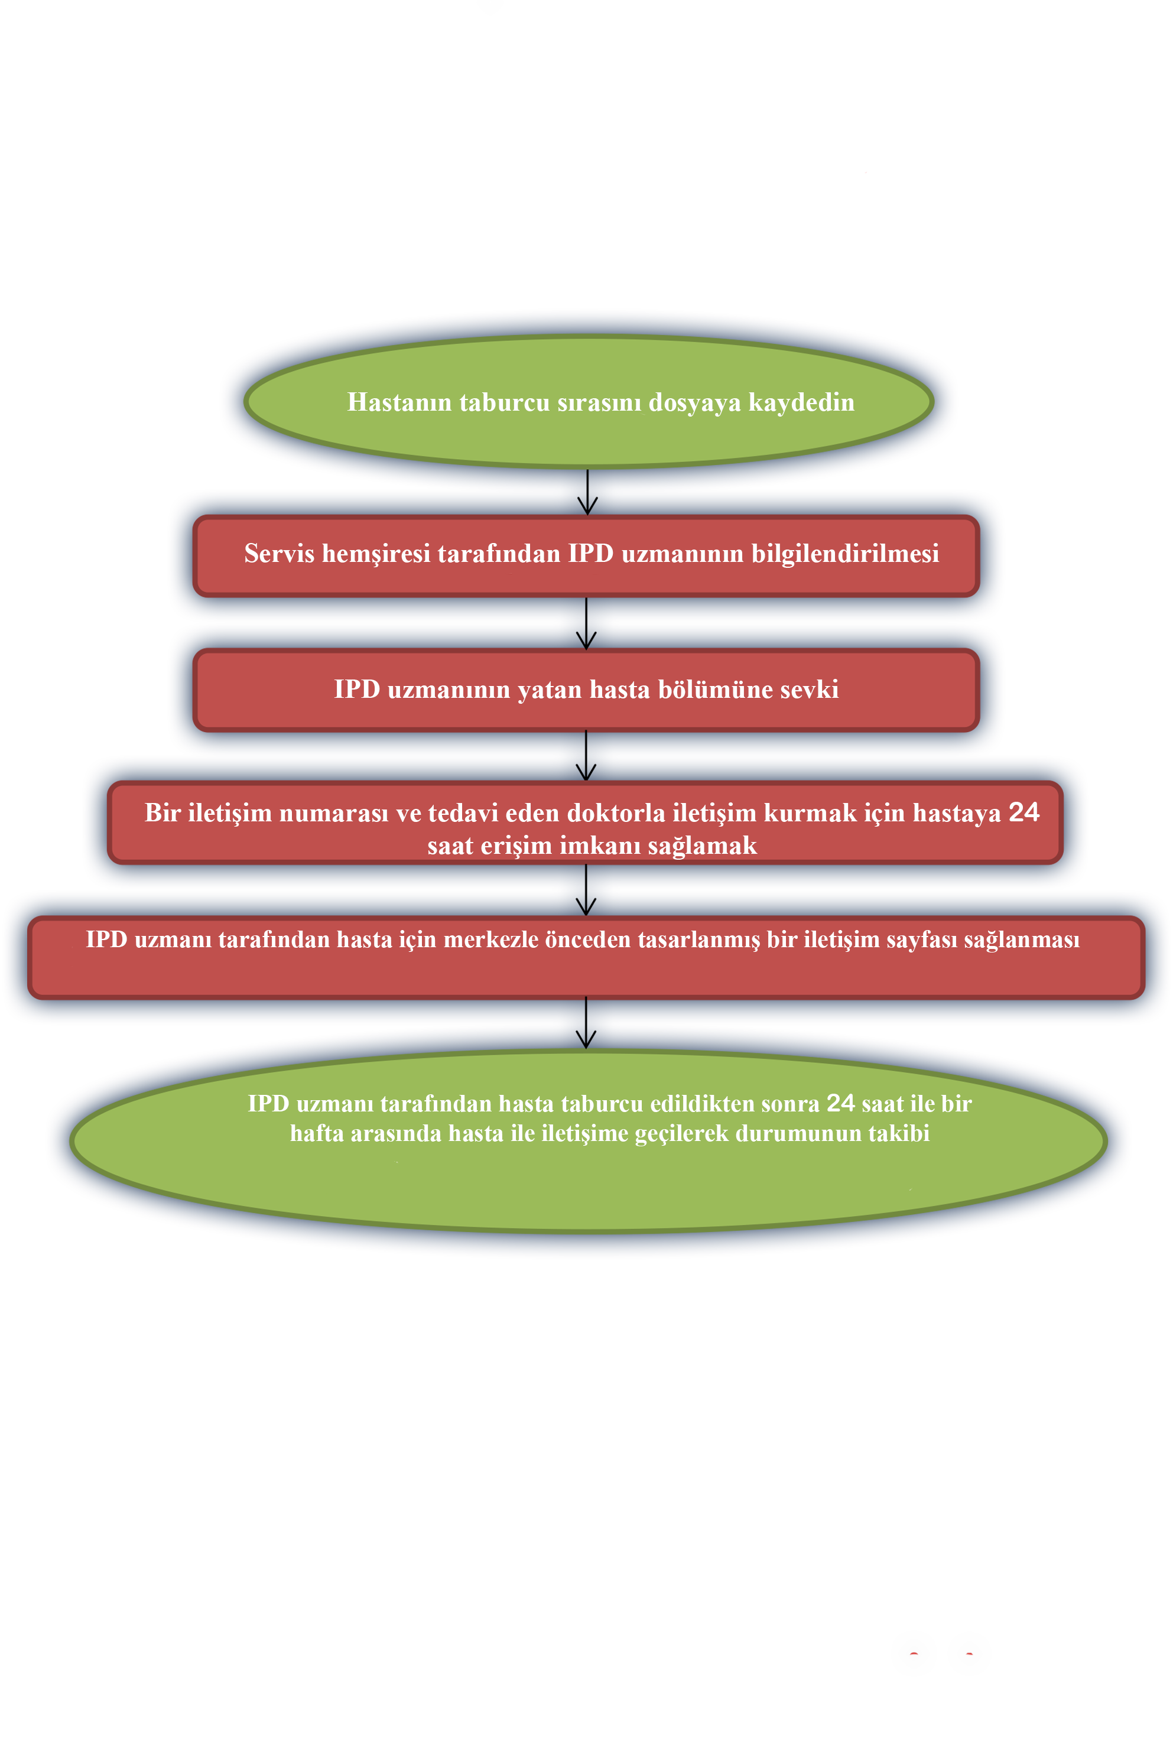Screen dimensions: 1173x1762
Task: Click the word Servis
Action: click(279, 554)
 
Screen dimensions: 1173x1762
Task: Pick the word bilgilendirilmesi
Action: click(846, 554)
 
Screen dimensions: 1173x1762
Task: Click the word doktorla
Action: click(616, 812)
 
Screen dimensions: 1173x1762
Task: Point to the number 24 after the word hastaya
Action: click(1024, 812)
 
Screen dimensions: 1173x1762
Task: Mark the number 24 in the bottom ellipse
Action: click(840, 1103)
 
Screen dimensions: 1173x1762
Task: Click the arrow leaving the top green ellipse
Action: click(587, 492)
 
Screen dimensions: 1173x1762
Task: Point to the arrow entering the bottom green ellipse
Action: click(586, 1022)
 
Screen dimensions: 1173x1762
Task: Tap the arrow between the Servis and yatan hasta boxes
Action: click(586, 623)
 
